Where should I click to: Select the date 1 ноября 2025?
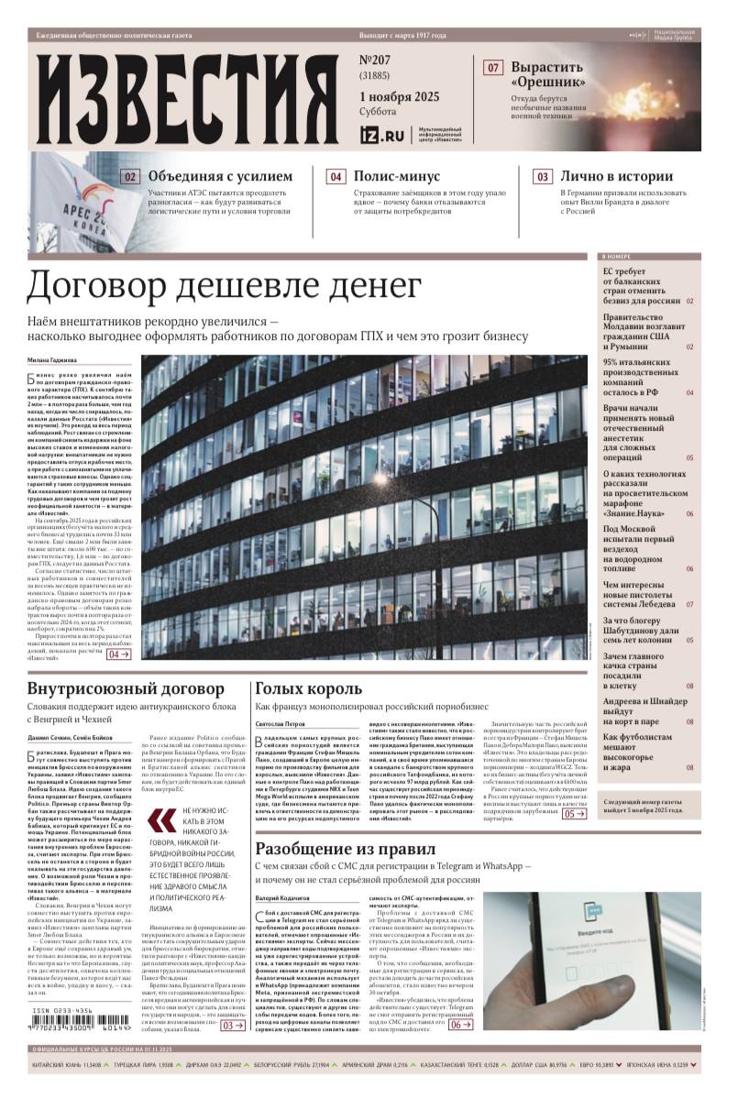tap(400, 97)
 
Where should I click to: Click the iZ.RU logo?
tap(382, 135)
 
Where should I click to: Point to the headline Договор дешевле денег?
tap(225, 286)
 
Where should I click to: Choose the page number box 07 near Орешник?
tap(493, 68)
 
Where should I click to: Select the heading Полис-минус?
tap(396, 176)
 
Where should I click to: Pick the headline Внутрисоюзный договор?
tap(126, 688)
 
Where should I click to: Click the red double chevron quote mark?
tap(164, 821)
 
